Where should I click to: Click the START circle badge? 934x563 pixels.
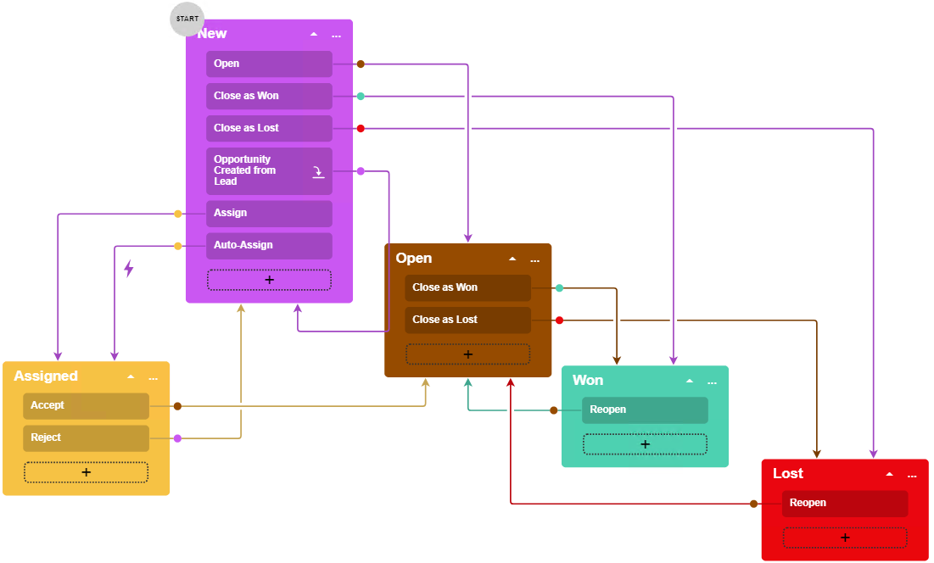tap(187, 19)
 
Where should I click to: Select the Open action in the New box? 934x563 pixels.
tap(269, 64)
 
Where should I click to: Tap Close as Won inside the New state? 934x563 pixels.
tap(269, 96)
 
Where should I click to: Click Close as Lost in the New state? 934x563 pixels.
tap(269, 128)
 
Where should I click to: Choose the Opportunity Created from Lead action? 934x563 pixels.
tap(269, 170)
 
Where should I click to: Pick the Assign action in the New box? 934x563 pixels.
tap(269, 213)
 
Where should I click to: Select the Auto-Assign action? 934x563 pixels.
tap(269, 245)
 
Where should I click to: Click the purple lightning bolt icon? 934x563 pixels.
tap(129, 269)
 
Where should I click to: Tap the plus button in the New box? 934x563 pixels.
tap(269, 280)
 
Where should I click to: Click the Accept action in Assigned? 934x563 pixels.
tap(86, 405)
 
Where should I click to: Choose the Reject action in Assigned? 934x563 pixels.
tap(86, 438)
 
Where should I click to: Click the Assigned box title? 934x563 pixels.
tap(46, 376)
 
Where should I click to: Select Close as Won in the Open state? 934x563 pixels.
tap(467, 287)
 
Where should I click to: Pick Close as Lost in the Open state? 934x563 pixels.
tap(467, 320)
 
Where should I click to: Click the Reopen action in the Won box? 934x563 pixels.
tap(645, 410)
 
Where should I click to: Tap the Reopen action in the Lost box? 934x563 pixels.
tap(844, 503)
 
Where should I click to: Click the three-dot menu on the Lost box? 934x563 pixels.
tap(912, 475)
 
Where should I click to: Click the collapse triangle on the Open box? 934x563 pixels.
tap(512, 259)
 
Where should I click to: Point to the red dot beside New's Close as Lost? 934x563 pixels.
tap(361, 128)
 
